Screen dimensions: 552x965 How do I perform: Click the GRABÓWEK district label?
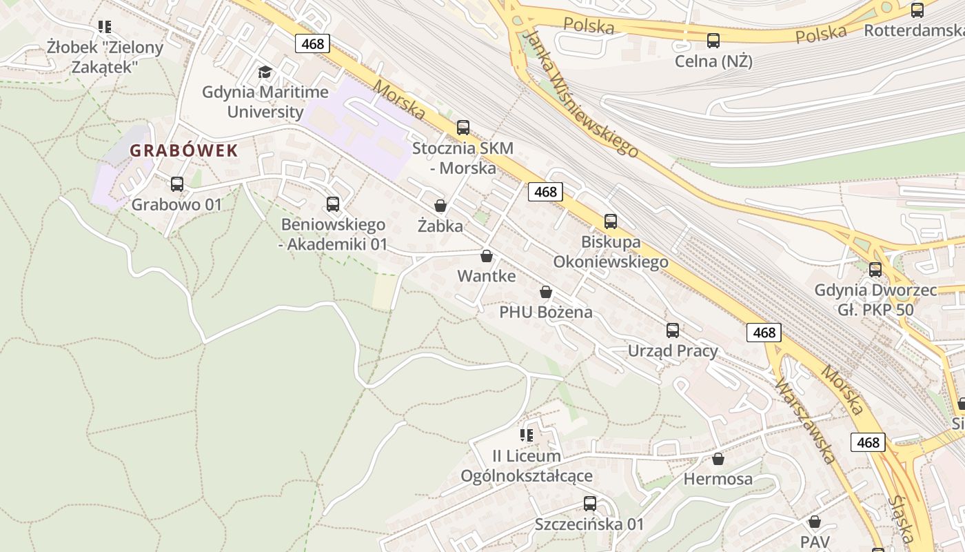coord(184,151)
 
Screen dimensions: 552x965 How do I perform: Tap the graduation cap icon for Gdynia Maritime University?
coord(265,72)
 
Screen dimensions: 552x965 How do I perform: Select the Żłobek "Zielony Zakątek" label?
coord(105,57)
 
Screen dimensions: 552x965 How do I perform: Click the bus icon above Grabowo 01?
coord(177,184)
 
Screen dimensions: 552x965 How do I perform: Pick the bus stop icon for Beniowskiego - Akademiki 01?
coord(333,204)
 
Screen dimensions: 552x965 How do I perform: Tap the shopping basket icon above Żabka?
coord(440,206)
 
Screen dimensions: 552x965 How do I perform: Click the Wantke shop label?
coord(487,276)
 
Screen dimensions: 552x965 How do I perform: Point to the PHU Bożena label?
coord(546,312)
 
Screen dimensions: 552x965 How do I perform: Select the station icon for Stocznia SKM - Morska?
coord(463,128)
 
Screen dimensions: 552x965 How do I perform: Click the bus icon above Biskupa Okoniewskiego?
coord(611,221)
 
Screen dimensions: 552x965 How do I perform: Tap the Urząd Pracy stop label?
coord(673,351)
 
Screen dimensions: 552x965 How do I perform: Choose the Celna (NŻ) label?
coord(713,61)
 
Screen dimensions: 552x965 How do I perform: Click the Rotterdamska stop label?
coord(913,30)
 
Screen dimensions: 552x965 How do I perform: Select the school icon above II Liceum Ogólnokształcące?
coord(527,435)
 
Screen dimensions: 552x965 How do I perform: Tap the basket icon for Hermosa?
coord(718,459)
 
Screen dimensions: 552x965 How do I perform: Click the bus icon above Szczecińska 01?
coord(590,504)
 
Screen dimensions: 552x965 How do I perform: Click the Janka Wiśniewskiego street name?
coord(581,94)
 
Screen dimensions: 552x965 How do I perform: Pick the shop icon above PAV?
coord(815,522)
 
